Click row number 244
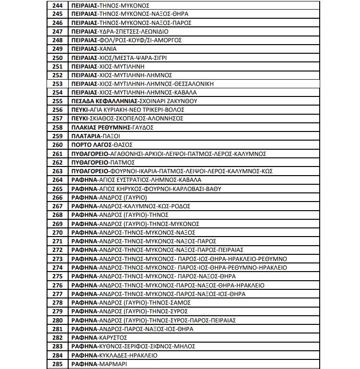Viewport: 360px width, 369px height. click(57, 5)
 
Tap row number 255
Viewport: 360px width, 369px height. click(57, 101)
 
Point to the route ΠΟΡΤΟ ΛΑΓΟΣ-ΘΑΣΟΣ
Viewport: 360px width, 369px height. click(101, 145)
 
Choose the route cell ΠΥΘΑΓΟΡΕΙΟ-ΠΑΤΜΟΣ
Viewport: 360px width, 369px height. click(103, 163)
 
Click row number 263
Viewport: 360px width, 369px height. click(57, 171)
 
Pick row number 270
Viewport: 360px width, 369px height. click(57, 232)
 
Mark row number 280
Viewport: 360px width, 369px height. click(57, 320)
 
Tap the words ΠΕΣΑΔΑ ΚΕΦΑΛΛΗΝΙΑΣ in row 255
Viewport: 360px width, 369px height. click(103, 101)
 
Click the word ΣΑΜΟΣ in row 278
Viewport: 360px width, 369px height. click(180, 303)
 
